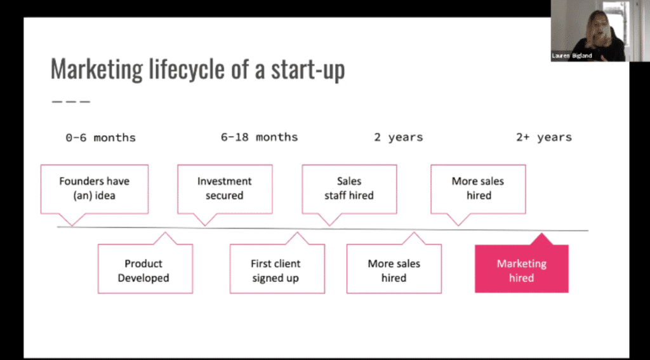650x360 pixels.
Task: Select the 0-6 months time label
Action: click(101, 137)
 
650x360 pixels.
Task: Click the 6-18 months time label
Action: click(259, 137)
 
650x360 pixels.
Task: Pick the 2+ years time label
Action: click(544, 137)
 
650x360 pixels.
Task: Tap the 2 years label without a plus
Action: click(399, 137)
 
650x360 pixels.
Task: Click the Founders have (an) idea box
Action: click(95, 189)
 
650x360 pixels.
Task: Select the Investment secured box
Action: click(225, 189)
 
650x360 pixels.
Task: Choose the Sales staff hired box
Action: click(349, 189)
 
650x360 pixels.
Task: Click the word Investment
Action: click(224, 181)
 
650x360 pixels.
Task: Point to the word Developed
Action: click(143, 278)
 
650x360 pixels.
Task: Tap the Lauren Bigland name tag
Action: click(572, 56)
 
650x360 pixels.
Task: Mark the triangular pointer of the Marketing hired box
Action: click(541, 239)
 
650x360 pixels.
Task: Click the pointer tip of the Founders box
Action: click(72, 226)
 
